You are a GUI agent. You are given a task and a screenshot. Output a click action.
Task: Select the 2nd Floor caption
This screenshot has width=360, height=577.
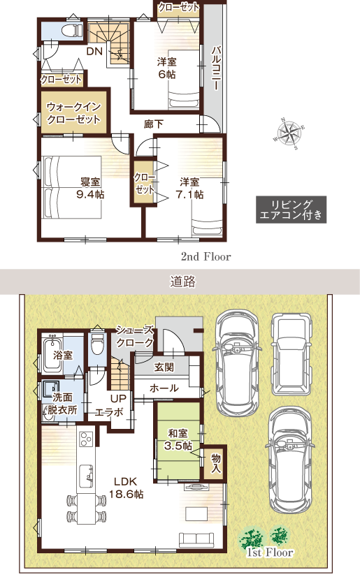point(206,256)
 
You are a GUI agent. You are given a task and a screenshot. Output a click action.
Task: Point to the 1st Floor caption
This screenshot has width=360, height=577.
point(270,553)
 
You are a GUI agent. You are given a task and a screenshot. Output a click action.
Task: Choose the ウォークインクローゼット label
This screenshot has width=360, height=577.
point(73,113)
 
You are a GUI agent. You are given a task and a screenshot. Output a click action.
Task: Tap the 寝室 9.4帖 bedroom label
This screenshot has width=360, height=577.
point(90,188)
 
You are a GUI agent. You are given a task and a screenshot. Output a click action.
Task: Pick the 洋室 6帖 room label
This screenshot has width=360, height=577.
point(168,67)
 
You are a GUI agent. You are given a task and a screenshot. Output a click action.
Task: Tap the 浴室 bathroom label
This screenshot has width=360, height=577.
point(63,355)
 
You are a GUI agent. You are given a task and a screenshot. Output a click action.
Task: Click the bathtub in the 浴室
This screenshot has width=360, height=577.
point(50,352)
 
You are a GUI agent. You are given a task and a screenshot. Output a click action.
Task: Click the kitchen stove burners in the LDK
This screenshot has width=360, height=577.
point(87,439)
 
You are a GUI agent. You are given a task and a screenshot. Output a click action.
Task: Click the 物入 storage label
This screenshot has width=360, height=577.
point(215,462)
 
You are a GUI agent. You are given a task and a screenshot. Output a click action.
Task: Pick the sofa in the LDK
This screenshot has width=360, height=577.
point(196,540)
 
